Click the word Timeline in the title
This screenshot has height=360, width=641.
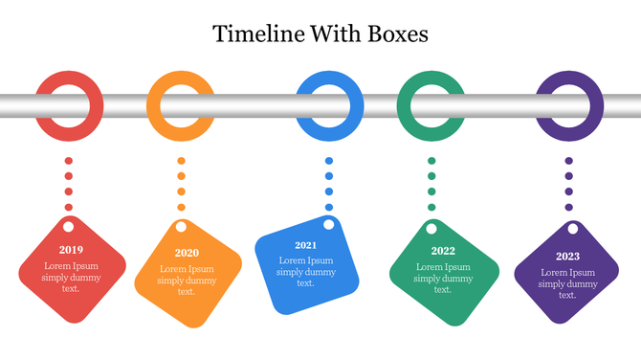(x=252, y=34)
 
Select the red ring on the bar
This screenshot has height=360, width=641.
(x=69, y=80)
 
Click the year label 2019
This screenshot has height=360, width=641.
(x=70, y=250)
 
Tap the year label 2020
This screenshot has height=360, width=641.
(x=187, y=254)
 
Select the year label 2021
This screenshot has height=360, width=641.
(x=305, y=245)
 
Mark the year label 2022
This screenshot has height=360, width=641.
(x=443, y=252)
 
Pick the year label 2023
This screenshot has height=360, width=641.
(x=567, y=257)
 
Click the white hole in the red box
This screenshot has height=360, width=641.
(x=69, y=227)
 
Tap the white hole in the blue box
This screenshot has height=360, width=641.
(x=329, y=225)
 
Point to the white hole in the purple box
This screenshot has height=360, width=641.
(x=574, y=228)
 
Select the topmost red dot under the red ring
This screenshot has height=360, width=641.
(x=69, y=161)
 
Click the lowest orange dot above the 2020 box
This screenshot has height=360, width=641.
(x=181, y=207)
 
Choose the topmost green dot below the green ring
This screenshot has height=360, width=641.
(x=431, y=161)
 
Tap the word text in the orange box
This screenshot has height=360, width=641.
(x=187, y=292)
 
